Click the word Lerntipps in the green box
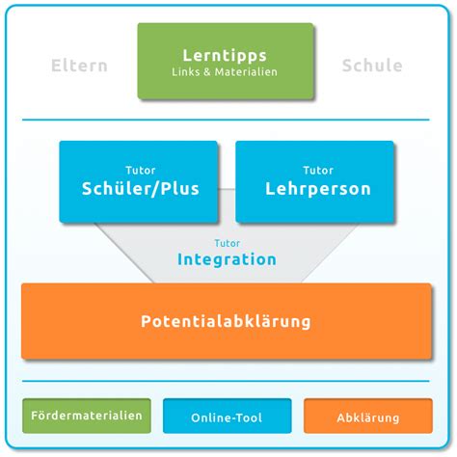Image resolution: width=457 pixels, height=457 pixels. click(225, 56)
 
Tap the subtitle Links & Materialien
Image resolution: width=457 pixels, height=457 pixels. click(225, 71)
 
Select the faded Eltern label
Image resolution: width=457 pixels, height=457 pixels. click(79, 66)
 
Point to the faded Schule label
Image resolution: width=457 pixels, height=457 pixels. click(372, 66)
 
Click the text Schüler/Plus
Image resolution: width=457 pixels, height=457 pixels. click(141, 188)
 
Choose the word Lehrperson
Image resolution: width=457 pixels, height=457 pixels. click(318, 189)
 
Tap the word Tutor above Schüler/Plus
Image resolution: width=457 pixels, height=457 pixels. click(141, 170)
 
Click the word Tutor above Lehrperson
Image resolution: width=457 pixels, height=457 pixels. click(318, 170)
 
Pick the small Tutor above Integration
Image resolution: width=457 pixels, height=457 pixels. click(228, 243)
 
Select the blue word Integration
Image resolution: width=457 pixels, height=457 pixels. click(227, 259)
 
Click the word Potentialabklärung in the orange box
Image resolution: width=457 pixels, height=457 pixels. click(226, 321)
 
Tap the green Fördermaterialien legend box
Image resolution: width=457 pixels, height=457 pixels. click(87, 416)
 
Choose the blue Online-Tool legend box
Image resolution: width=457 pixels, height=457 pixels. click(228, 416)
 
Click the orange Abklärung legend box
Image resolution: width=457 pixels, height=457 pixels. click(368, 416)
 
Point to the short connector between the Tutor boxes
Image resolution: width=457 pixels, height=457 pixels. click(227, 189)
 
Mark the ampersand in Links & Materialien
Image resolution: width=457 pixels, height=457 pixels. click(207, 72)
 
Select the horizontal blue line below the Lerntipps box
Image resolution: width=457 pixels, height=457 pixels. click(226, 120)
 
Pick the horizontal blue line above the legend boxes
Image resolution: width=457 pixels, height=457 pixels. click(226, 381)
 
